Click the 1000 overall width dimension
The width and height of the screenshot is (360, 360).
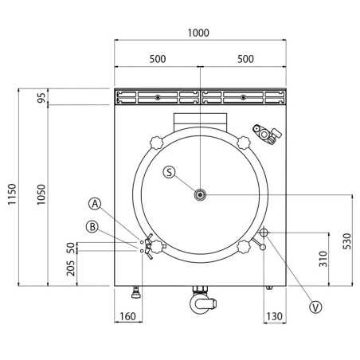coord(199,33)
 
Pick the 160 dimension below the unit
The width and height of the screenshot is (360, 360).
coord(127,317)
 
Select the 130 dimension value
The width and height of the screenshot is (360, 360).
coord(274,317)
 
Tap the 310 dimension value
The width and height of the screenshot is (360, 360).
coord(322,259)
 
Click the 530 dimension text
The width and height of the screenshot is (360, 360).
coord(346,240)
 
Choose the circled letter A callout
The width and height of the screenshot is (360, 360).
coord(95,204)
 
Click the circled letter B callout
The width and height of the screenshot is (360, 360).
coord(93,227)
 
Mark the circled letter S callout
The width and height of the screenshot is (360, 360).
coord(169,172)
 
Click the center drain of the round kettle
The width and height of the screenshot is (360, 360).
coord(200,193)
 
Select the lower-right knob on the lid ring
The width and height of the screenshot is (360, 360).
coord(245,246)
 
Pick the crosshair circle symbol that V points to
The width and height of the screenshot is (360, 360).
coord(264,233)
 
